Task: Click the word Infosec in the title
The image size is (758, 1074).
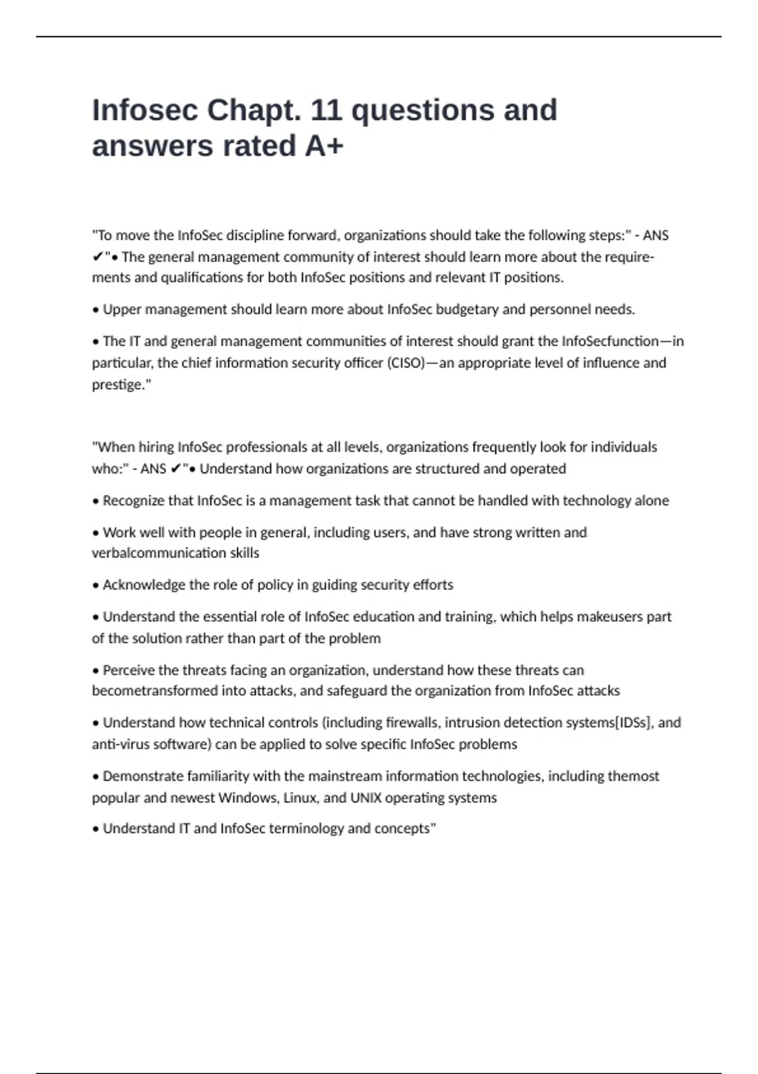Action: pyautogui.click(x=145, y=111)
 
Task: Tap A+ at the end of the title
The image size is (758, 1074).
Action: pyautogui.click(x=324, y=146)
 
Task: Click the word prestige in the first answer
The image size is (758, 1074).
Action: pyautogui.click(x=118, y=385)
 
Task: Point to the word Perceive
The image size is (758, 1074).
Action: pyautogui.click(x=128, y=670)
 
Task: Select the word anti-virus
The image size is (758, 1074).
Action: pyautogui.click(x=119, y=744)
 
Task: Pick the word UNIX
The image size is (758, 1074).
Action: pyautogui.click(x=366, y=798)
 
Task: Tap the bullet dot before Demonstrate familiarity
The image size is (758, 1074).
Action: pyautogui.click(x=96, y=777)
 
